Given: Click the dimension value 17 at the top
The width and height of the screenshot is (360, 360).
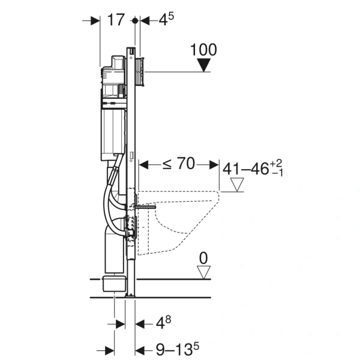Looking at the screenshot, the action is tap(116, 20).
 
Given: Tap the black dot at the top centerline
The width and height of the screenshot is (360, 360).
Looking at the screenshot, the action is tap(135, 20).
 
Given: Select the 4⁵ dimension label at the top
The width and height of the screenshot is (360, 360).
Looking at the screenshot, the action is tap(166, 19).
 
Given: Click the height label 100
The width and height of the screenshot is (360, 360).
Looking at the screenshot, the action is tap(203, 50).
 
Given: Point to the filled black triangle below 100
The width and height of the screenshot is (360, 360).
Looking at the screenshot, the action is tap(204, 65).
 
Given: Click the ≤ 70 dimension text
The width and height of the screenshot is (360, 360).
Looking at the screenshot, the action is tap(179, 163).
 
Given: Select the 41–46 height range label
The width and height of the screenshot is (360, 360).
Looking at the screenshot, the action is tap(253, 169).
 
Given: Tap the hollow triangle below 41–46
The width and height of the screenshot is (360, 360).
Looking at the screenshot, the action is tap(237, 184).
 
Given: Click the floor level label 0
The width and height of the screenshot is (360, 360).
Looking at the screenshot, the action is tap(203, 258).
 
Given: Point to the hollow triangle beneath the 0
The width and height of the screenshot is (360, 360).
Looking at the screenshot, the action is tap(204, 272).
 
